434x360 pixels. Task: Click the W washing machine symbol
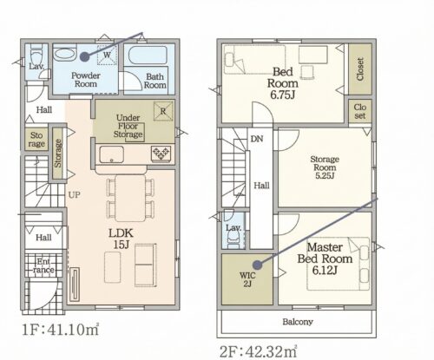(108, 55)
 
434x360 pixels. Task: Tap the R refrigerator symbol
(163, 111)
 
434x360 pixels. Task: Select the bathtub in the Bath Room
(148, 56)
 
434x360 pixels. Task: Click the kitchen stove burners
(161, 153)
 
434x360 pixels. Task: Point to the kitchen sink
(112, 154)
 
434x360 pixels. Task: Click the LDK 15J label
(121, 239)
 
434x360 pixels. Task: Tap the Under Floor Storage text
(128, 126)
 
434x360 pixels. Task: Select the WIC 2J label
(247, 279)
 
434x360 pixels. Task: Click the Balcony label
(298, 322)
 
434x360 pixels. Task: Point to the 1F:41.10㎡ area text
(61, 330)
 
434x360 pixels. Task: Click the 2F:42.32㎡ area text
(258, 351)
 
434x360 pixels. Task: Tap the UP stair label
(75, 195)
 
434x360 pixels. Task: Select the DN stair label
(257, 139)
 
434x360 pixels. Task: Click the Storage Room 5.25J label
(325, 167)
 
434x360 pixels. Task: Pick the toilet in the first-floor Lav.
(36, 56)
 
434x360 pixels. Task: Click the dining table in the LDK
(130, 198)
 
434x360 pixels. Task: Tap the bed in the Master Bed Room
(339, 264)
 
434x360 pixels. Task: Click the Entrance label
(43, 266)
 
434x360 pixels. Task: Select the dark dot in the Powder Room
(84, 56)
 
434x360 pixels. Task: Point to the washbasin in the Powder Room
(65, 54)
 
